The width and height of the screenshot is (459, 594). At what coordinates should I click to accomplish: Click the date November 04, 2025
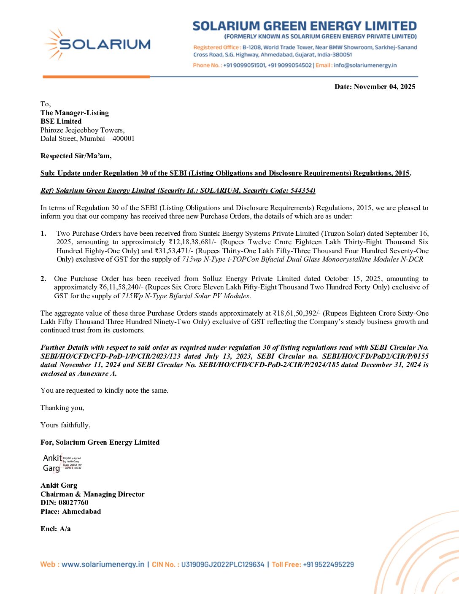(384, 87)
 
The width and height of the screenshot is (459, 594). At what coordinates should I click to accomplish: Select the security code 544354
(302, 191)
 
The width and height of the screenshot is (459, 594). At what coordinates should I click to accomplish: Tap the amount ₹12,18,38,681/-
(193, 242)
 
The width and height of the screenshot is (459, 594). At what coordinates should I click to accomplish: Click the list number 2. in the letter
(43, 279)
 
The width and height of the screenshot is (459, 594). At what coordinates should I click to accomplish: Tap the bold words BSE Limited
(61, 121)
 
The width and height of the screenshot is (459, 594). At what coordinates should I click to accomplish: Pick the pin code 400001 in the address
(123, 139)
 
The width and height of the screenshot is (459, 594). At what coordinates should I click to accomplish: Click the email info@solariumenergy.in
(365, 65)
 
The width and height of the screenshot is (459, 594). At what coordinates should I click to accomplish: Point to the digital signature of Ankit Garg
(62, 463)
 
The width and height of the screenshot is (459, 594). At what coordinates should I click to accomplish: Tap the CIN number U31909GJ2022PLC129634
(222, 564)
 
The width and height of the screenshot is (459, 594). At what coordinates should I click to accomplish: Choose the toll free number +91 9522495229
(328, 564)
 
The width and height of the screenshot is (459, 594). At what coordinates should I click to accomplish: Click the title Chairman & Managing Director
(92, 494)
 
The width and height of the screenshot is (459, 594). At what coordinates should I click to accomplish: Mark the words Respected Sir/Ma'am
(76, 156)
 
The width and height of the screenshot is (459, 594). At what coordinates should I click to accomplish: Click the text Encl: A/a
(56, 529)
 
